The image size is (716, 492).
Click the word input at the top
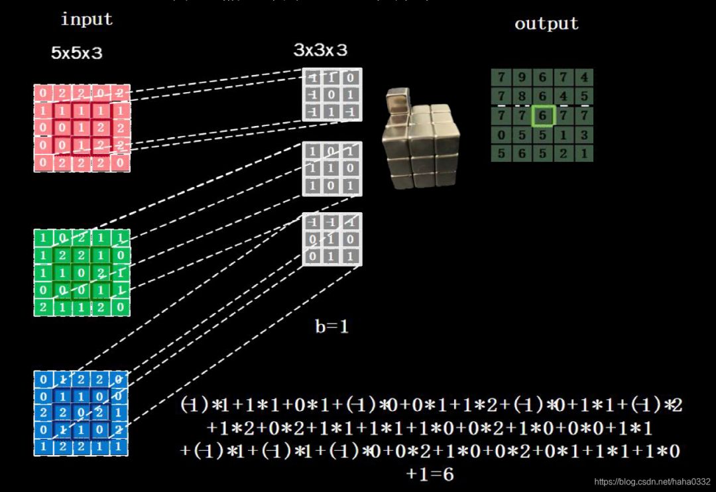click(x=86, y=19)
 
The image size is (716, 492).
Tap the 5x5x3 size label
click(x=77, y=54)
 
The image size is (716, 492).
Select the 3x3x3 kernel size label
click(x=320, y=50)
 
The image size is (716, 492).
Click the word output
click(x=546, y=24)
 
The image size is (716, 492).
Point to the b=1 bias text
click(x=331, y=326)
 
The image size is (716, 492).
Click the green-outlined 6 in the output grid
click(x=542, y=116)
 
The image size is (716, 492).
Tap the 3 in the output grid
click(x=583, y=135)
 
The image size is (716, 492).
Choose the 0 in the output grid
click(x=501, y=135)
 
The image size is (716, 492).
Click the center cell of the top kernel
click(x=332, y=95)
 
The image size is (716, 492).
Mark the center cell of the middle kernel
click(x=332, y=169)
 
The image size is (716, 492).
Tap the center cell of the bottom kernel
click(x=332, y=239)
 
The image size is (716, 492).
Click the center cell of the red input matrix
click(x=82, y=127)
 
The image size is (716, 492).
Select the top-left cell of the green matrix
click(x=43, y=237)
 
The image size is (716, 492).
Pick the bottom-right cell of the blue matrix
click(x=119, y=446)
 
